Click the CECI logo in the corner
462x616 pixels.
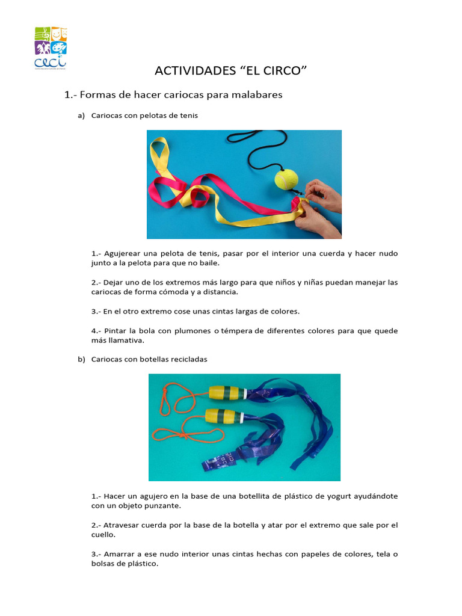click(x=51, y=48)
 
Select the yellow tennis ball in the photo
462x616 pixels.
click(x=286, y=179)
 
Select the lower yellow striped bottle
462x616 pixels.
click(x=223, y=416)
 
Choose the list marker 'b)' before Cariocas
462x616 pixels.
click(x=81, y=359)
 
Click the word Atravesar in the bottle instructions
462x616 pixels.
click(x=124, y=525)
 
